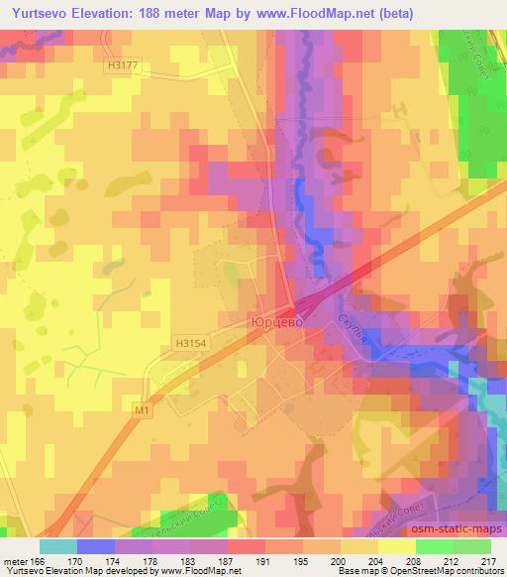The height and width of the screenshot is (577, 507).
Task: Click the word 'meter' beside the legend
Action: tap(16, 561)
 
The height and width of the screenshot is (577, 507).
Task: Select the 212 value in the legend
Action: tap(449, 561)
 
